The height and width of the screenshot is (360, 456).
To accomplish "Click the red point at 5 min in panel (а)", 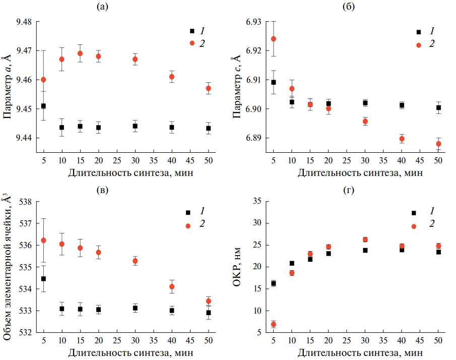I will (43, 80).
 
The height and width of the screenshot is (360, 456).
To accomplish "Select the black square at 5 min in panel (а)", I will (43, 106).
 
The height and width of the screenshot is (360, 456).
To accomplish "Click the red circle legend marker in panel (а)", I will (191, 43).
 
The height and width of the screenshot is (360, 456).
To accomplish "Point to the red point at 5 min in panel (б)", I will (274, 39).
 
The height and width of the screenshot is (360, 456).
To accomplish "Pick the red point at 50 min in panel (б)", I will (438, 144).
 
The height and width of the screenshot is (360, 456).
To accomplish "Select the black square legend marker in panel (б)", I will (418, 32).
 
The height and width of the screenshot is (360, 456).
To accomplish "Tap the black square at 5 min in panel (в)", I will (43, 279).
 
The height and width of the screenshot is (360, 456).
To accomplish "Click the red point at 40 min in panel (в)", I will (172, 286).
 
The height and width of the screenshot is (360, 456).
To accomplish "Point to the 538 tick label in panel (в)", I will (25, 202).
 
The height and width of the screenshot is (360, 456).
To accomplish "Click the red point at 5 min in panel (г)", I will (274, 324).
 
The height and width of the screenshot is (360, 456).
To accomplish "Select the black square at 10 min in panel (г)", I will (292, 263).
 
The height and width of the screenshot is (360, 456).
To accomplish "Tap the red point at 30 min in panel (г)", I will (365, 239).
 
